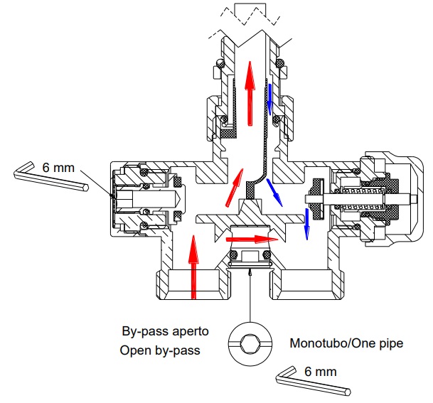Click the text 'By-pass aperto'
point(165,331)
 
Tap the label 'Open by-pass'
point(160,350)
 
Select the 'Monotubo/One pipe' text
point(346,343)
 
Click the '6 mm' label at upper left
point(58,168)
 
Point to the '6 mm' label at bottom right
point(321,372)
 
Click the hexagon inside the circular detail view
point(250,344)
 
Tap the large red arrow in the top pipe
point(250,93)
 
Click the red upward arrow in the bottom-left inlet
point(193,267)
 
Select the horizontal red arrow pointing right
point(252,239)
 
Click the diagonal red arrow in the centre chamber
point(235,188)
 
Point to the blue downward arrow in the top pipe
point(269,100)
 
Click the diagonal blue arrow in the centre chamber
point(274,193)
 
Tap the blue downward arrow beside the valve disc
point(306,224)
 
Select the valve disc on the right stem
point(317,199)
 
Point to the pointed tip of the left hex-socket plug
point(181,198)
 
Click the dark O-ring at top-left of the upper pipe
point(220,63)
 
